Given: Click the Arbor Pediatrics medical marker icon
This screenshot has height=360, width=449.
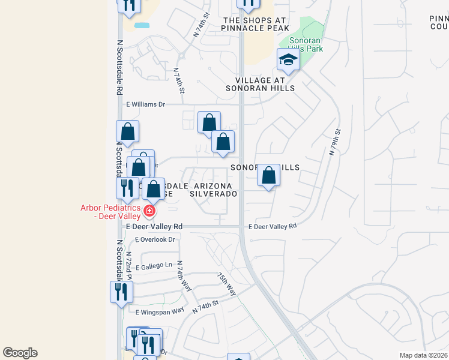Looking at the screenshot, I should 149,211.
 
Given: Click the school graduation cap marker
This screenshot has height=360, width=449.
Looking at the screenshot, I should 288,60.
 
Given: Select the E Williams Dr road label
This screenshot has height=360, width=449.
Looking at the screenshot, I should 145,104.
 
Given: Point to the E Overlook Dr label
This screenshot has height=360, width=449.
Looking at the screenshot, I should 155,239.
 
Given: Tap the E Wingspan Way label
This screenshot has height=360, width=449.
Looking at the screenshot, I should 160,311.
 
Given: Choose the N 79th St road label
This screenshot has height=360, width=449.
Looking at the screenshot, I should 335,142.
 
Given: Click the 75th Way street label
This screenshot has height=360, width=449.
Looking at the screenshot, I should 227,284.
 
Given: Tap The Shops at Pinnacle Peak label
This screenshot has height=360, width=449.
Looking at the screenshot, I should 256,24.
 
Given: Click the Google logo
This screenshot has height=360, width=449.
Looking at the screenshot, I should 20,353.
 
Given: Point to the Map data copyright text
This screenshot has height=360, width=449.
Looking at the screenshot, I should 423,355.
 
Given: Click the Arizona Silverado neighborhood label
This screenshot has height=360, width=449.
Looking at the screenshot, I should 213,190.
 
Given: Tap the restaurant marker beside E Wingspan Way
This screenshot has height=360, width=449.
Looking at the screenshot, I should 122,292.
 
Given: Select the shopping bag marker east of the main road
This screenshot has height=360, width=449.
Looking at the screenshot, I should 269,176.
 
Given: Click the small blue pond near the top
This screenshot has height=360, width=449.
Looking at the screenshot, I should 142,25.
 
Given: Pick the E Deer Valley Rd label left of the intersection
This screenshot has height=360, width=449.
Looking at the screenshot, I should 154,227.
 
